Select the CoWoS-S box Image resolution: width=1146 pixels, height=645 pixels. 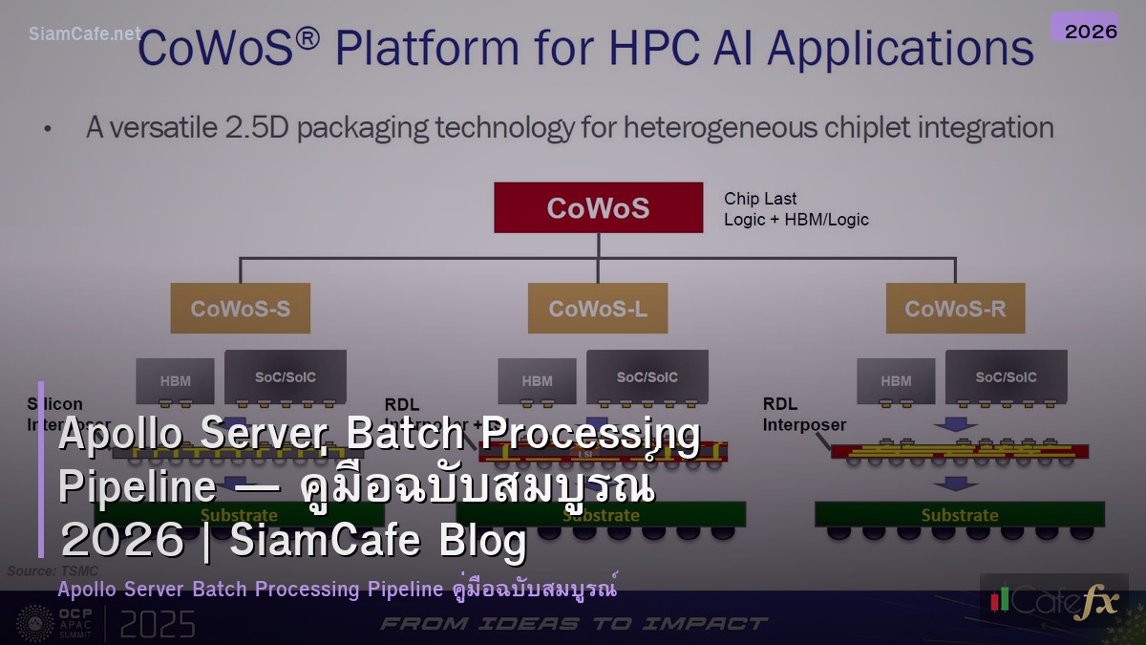[x=240, y=308]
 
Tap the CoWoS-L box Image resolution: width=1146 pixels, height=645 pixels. [x=598, y=308]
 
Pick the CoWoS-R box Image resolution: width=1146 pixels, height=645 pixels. [x=955, y=308]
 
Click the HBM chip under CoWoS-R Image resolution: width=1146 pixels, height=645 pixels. [x=896, y=380]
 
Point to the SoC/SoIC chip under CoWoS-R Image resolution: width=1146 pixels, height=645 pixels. [x=1006, y=376]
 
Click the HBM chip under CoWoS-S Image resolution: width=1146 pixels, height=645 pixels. [x=175, y=380]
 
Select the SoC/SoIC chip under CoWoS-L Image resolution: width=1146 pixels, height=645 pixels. [x=647, y=376]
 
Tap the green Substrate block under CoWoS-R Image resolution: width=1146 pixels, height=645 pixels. [x=959, y=514]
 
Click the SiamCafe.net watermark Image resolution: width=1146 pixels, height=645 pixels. [x=84, y=33]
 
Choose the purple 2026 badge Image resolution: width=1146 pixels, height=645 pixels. [x=1091, y=31]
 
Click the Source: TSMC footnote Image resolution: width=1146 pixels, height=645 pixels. [x=53, y=570]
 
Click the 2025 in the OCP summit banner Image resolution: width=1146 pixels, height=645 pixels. [x=157, y=625]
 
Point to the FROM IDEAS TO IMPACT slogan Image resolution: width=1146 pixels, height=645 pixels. [x=573, y=624]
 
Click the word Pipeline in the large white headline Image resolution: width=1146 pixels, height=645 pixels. [x=138, y=486]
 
